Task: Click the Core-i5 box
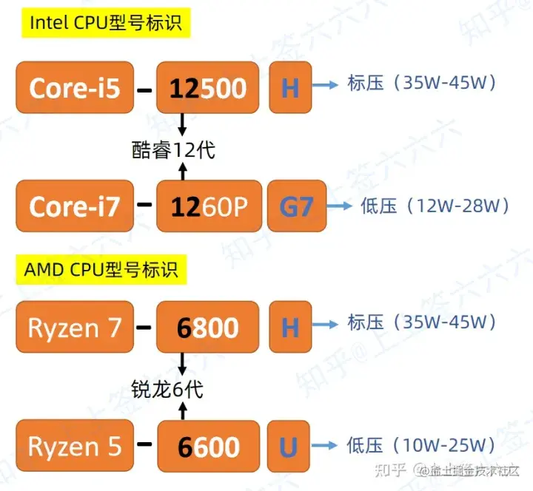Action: (x=75, y=88)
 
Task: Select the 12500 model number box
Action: (x=208, y=88)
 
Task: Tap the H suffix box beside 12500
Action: (x=289, y=88)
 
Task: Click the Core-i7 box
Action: (x=75, y=206)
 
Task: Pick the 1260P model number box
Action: (x=208, y=206)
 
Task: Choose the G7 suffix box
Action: (x=296, y=206)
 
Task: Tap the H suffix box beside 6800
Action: (x=289, y=326)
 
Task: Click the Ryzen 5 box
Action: (x=75, y=446)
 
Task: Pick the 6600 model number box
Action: (x=208, y=447)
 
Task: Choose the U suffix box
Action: (x=289, y=446)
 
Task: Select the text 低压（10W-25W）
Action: (x=420, y=445)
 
